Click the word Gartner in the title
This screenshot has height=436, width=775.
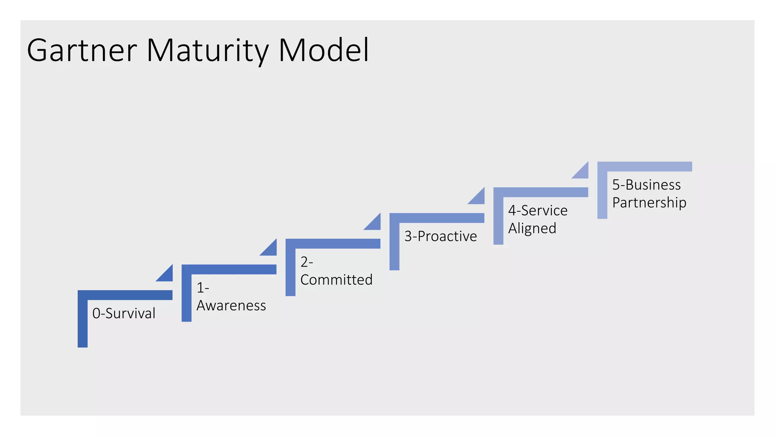pyautogui.click(x=82, y=51)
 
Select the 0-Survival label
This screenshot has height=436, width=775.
pyautogui.click(x=124, y=313)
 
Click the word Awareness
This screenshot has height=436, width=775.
pyautogui.click(x=231, y=305)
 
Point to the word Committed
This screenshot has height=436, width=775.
pyautogui.click(x=336, y=280)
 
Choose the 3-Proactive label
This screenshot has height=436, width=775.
pyautogui.click(x=440, y=236)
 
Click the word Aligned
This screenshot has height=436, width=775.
pyautogui.click(x=532, y=228)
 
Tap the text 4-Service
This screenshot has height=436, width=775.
pyautogui.click(x=538, y=210)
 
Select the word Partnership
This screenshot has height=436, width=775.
pyautogui.click(x=649, y=202)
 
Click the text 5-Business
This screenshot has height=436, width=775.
pyautogui.click(x=646, y=185)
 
